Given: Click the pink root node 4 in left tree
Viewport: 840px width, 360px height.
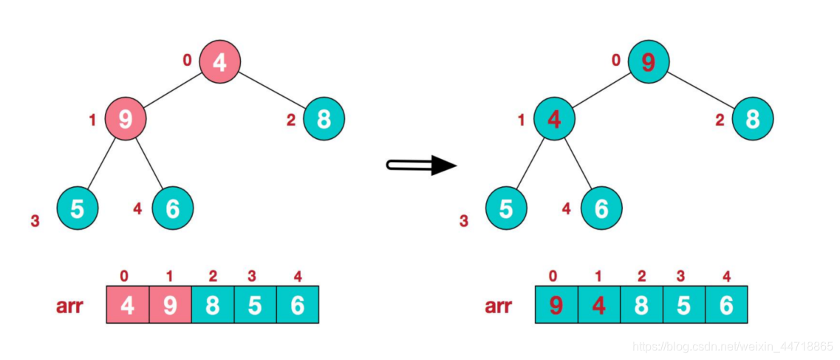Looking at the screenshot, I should (x=219, y=61).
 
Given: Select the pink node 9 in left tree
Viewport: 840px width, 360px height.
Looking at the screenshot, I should (x=125, y=119).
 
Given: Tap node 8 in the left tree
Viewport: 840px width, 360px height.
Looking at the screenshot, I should (x=323, y=118).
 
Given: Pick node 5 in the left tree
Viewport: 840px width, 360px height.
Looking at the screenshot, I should (x=78, y=208).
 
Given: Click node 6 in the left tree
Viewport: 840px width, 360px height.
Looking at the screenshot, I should (x=172, y=208).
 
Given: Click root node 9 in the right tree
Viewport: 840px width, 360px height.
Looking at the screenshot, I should (x=648, y=61).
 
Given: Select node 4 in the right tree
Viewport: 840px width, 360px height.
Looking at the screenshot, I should (x=554, y=119).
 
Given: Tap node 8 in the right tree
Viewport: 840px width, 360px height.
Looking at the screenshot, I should (x=752, y=118).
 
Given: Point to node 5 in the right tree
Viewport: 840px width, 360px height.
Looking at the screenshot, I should (x=506, y=208).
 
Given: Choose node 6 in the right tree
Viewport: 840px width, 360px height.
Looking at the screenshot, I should (x=601, y=208).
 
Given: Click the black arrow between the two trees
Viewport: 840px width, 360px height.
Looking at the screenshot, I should (x=421, y=165).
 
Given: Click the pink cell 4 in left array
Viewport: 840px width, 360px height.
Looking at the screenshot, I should (x=128, y=305).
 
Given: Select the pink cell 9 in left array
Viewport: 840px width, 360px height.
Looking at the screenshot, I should (x=170, y=305).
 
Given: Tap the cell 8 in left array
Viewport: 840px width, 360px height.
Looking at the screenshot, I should (x=212, y=305).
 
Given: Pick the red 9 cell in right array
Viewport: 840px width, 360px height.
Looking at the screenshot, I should (x=556, y=305).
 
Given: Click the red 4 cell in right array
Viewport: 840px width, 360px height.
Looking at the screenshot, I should (x=598, y=305).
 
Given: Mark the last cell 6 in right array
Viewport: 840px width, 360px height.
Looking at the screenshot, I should (x=726, y=305).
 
